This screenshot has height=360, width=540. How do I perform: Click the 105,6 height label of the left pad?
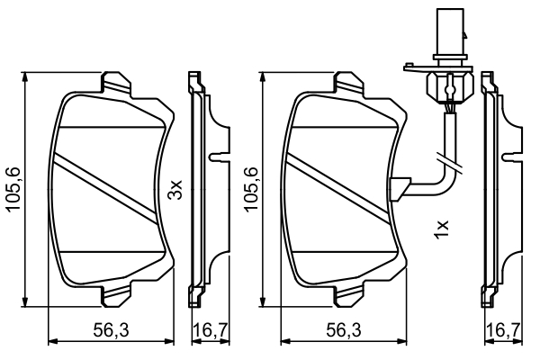click(13, 189)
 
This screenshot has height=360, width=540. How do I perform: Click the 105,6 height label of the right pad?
click(250, 189)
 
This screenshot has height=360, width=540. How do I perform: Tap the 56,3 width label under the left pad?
click(112, 330)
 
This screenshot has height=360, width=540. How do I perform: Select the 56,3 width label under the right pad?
click(344, 330)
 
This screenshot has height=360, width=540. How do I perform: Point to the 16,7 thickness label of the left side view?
click(211, 330)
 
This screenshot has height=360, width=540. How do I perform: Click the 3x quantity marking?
click(175, 189)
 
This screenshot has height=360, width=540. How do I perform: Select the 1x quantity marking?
click(442, 229)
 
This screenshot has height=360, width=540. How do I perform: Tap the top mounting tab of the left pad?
click(116, 85)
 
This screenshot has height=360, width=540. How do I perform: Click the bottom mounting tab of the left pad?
click(116, 293)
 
